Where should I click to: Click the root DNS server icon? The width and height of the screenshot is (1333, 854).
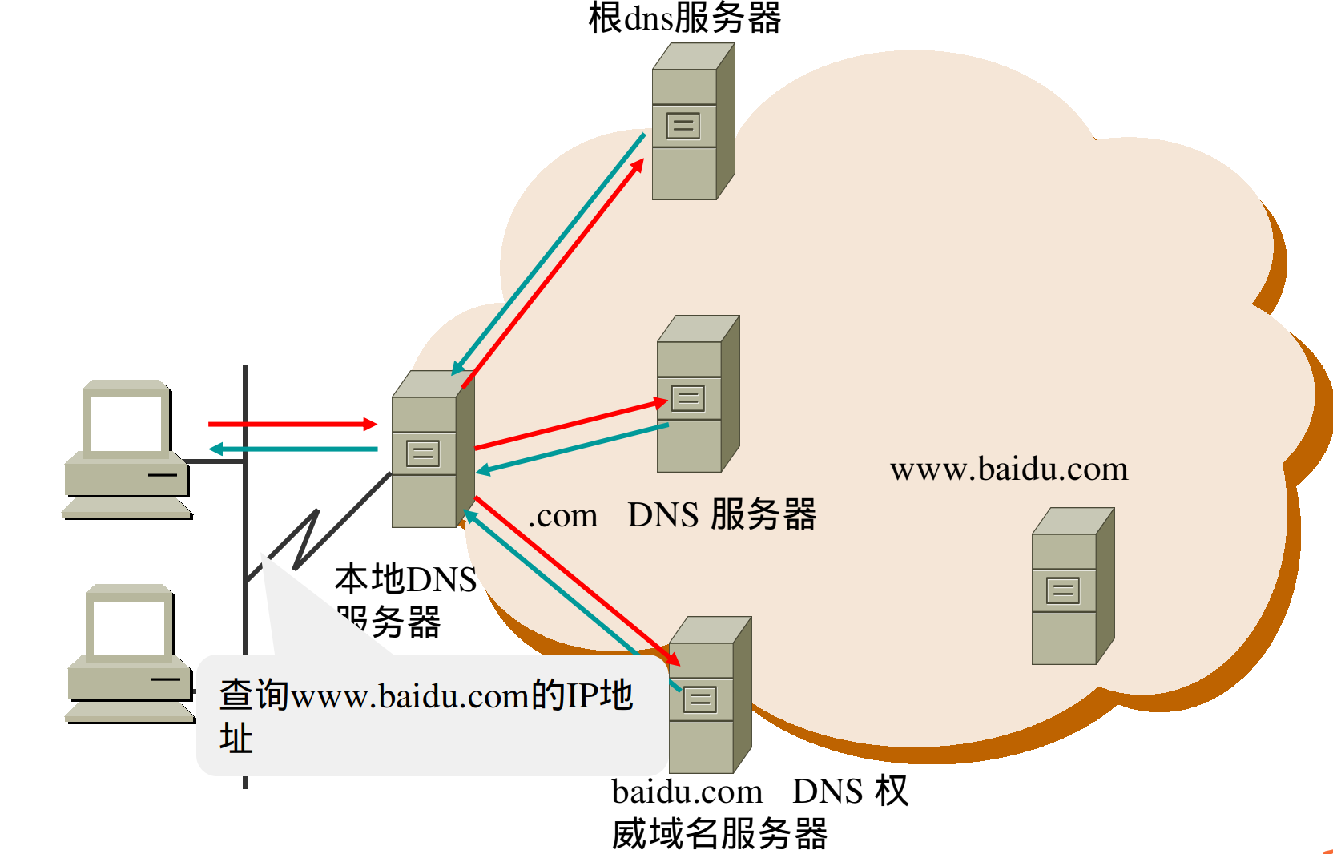691,123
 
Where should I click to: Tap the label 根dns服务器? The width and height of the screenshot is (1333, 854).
684,18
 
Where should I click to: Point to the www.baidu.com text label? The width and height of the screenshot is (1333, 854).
1009,469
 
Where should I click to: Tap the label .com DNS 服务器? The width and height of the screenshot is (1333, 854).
671,515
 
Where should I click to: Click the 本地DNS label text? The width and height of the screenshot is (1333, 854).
405,579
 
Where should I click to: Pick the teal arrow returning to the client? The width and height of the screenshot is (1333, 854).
293,449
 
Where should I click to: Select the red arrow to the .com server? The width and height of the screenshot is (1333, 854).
569,425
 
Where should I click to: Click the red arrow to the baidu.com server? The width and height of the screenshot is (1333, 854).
577,582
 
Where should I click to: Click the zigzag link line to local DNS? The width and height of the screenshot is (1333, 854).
304,540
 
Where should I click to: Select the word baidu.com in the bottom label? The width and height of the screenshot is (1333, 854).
687,792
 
